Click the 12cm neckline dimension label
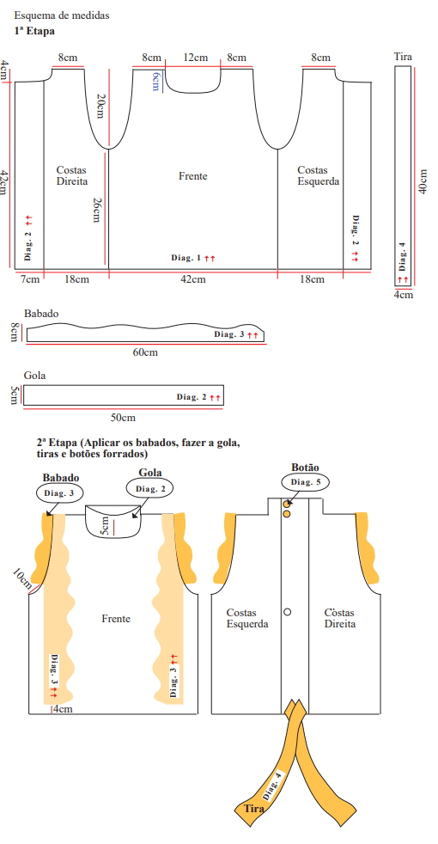[x=195, y=58]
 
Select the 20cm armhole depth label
[x=100, y=106]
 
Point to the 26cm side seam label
[x=97, y=210]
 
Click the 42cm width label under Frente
[x=192, y=278]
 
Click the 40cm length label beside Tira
[x=423, y=181]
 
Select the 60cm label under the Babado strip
[x=145, y=352]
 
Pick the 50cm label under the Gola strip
[x=123, y=418]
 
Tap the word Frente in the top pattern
[x=193, y=176]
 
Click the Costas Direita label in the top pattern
[x=71, y=176]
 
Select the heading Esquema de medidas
[x=62, y=15]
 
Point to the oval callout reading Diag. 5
[x=305, y=482]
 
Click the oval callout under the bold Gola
[x=149, y=489]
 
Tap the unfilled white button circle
[x=288, y=611]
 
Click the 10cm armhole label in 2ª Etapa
[x=22, y=579]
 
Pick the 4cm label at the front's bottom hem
[x=63, y=709]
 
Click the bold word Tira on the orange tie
[x=254, y=809]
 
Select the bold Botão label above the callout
[x=305, y=468]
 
